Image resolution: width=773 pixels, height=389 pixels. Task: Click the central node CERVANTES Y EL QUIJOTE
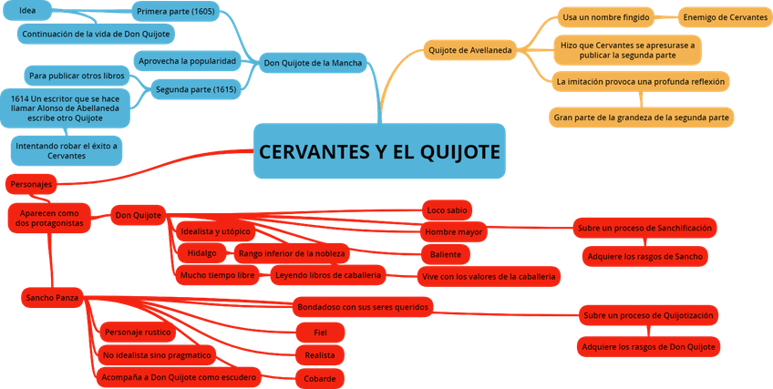pos(379,151)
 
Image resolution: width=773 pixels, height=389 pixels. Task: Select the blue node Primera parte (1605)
pos(174,11)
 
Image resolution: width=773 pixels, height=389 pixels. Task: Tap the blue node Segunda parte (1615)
pos(196,89)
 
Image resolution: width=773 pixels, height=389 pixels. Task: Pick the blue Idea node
pos(28,10)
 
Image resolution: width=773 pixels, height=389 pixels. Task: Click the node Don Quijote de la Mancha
pos(312,63)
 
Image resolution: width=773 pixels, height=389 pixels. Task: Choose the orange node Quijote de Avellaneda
pos(469,50)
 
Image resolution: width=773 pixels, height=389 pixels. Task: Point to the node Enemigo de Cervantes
pos(725,17)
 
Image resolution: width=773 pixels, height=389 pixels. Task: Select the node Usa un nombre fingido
pos(605,17)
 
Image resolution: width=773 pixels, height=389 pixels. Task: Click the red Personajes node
pos(31,184)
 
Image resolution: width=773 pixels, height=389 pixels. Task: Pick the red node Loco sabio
pos(447,210)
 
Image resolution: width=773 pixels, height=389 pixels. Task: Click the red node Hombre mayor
pos(453,232)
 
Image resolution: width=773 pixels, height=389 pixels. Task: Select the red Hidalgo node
pos(201,253)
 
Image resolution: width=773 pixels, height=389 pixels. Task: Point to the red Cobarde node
pos(319,378)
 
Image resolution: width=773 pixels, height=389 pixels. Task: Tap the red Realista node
pos(319,355)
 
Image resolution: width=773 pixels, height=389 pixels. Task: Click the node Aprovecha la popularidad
pos(187,61)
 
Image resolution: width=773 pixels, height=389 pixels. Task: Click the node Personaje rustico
pos(138,333)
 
